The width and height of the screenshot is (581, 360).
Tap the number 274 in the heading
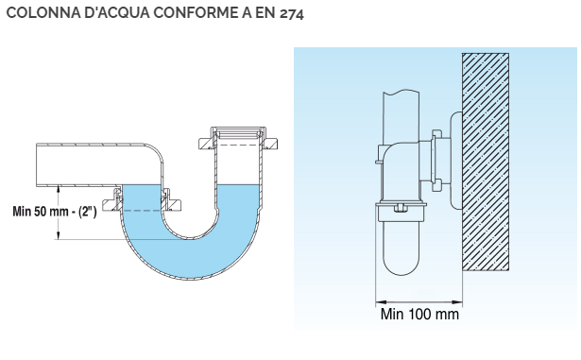click(x=292, y=14)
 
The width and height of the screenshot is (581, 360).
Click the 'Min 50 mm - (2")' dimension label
click(x=55, y=212)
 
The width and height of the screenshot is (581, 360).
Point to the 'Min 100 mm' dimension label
click(x=419, y=314)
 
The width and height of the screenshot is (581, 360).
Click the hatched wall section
click(x=486, y=162)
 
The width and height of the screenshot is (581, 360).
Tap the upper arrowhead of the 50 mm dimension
click(x=58, y=190)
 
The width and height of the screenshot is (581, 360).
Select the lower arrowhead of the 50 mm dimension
click(x=58, y=234)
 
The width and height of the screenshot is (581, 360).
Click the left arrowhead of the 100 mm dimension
click(x=382, y=302)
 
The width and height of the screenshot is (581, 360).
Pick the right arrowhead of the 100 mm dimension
click(x=456, y=302)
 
